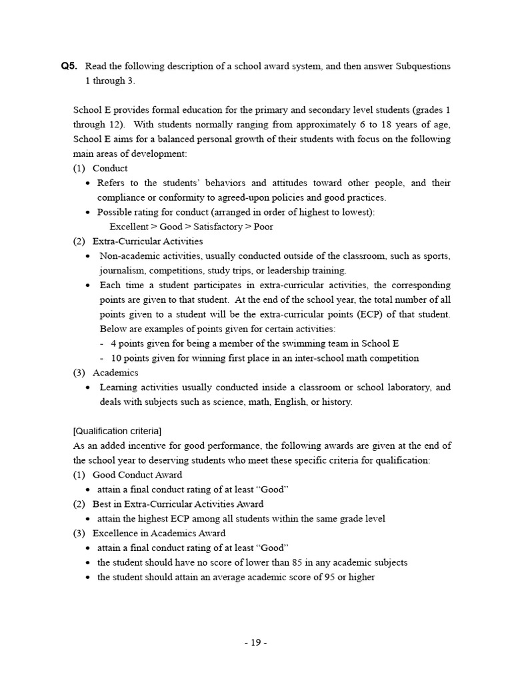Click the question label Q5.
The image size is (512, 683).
69,66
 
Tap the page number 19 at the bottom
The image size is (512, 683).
255,642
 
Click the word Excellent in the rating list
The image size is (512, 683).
129,227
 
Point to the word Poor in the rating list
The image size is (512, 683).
263,227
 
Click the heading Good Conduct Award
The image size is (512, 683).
137,475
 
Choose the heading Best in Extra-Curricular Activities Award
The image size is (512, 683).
177,504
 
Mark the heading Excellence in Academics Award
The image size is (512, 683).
159,534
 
